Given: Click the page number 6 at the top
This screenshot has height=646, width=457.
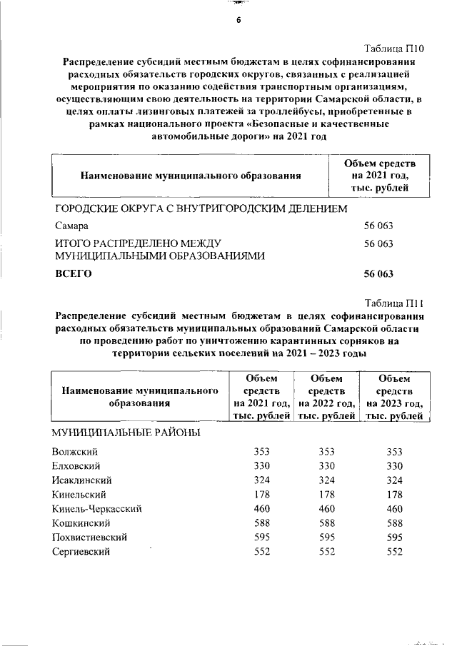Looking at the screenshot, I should pos(239,20).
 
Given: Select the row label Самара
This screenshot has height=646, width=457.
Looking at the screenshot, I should pos(72,226).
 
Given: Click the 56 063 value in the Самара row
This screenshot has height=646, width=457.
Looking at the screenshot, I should pos(379,226).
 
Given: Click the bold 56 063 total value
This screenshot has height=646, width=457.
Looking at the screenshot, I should pos(379,273).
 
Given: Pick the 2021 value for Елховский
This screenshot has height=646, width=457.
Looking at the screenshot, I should pos(263,466).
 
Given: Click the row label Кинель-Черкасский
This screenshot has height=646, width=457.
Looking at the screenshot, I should pos(97,508).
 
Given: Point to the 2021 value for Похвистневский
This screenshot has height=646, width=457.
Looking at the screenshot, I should pos(263,537).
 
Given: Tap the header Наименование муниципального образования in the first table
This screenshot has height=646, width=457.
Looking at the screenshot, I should pos(190,174).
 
